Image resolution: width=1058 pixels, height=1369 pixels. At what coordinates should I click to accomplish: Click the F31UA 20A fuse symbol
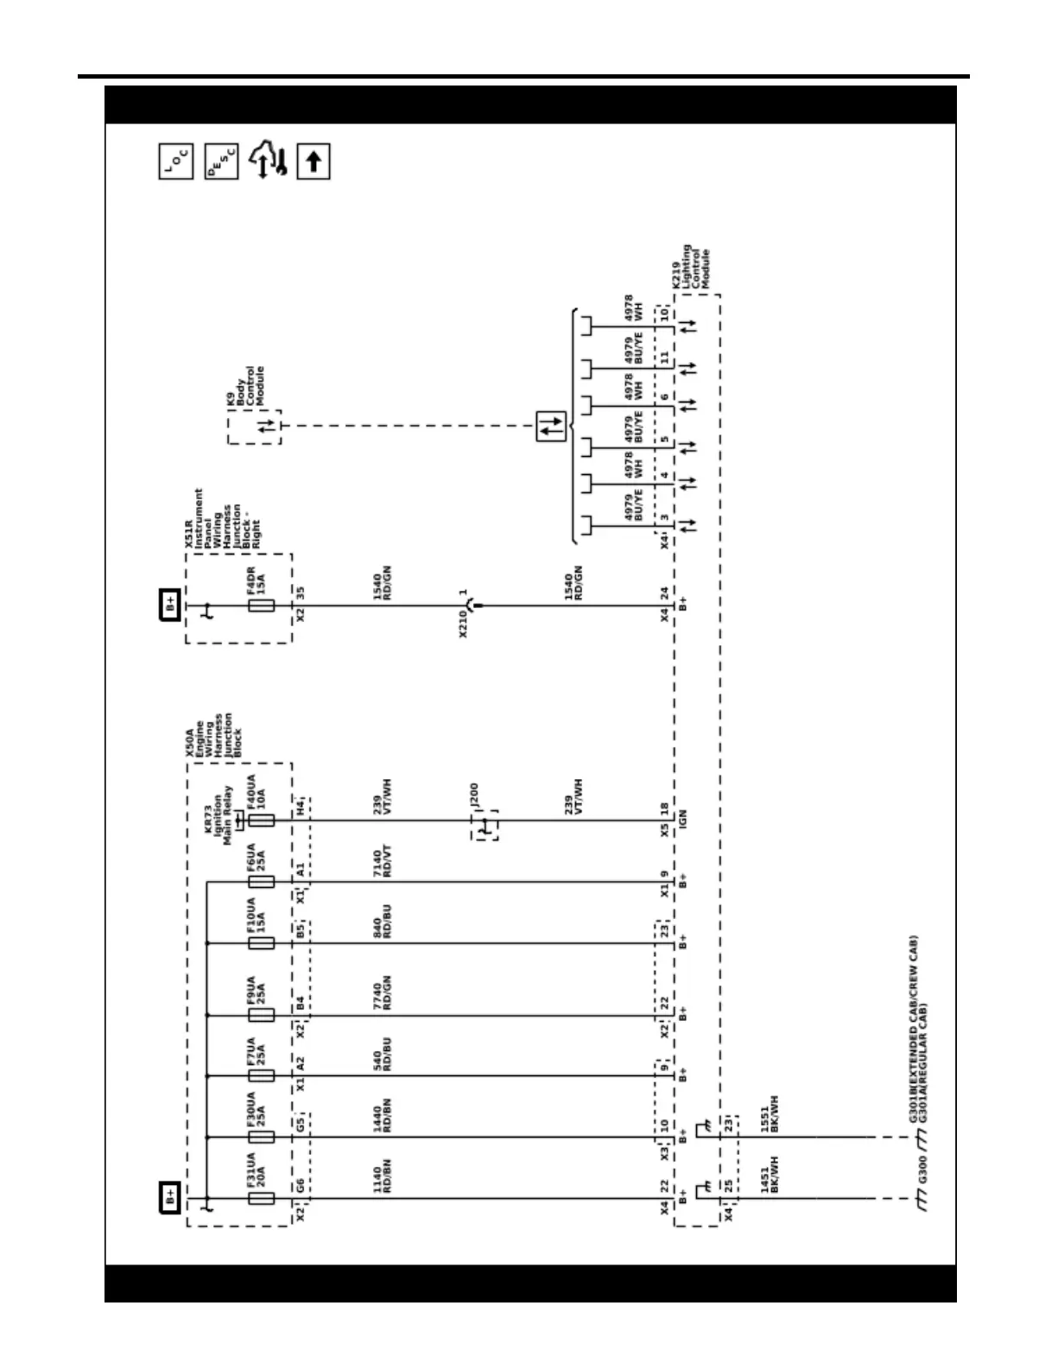261,1198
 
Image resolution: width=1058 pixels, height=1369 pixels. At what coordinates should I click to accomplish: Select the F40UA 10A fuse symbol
261,820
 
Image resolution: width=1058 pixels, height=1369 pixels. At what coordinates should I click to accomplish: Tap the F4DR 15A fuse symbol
261,605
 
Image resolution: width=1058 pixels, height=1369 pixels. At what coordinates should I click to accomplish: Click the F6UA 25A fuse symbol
261,882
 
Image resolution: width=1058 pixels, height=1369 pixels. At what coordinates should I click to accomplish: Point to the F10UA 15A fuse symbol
261,943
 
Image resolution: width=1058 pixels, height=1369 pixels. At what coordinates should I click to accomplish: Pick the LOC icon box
176,162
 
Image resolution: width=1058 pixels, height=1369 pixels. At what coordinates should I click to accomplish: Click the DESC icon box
222,162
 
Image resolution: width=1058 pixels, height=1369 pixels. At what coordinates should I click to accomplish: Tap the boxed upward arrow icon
314,162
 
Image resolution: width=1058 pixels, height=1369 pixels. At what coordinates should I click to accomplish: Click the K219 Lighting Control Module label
691,268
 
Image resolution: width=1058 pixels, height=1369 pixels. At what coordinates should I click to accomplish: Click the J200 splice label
473,795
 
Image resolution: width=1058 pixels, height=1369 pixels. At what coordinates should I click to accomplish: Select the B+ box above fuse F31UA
169,1198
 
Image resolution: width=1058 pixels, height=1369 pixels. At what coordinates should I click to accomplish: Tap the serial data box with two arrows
551,426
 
